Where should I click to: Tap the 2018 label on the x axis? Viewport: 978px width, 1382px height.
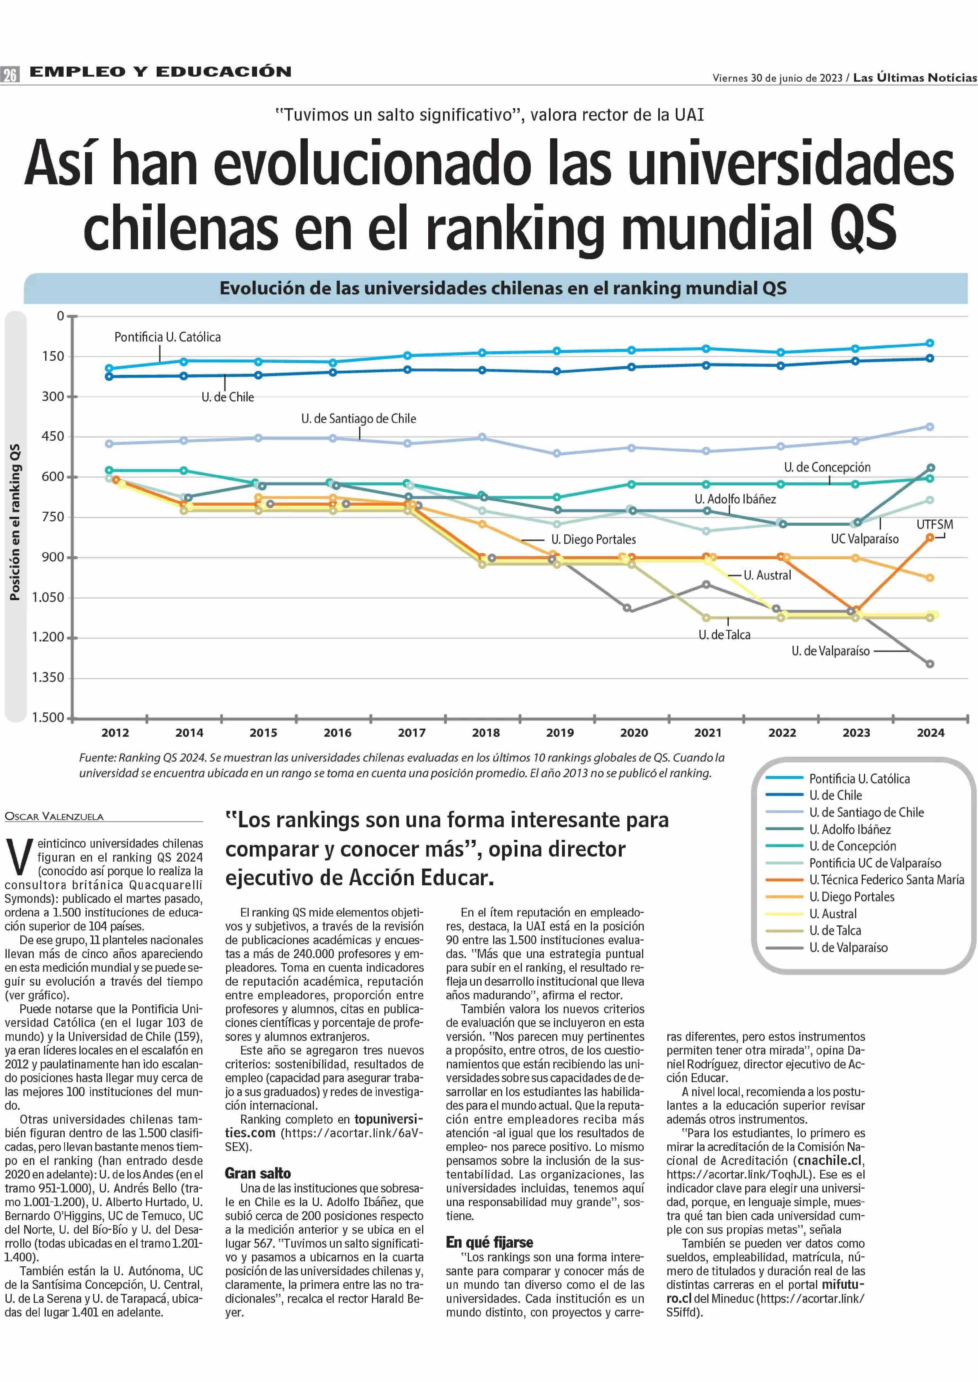coord(485,733)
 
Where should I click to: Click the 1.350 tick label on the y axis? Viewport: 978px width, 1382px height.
coord(48,677)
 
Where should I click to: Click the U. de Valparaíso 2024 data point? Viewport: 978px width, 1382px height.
coord(930,664)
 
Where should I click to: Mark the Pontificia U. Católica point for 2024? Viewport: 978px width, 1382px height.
coord(930,343)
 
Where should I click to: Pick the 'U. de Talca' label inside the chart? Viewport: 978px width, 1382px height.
coord(725,635)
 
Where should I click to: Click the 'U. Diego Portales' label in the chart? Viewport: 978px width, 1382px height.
coord(593,540)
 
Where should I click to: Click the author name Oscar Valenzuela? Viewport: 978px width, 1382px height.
coord(54,816)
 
